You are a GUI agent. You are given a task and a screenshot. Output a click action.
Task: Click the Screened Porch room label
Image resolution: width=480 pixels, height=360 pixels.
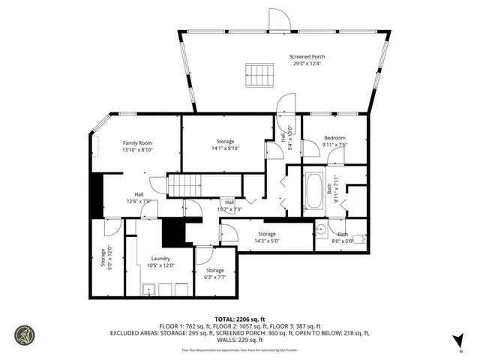(x=307, y=56)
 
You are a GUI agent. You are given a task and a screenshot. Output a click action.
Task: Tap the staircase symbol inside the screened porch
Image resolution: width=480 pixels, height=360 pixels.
(x=256, y=75)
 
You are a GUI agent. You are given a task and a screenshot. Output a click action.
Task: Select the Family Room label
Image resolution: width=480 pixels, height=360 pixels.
(x=137, y=142)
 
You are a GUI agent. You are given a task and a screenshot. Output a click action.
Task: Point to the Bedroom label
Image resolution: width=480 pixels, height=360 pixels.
(x=334, y=138)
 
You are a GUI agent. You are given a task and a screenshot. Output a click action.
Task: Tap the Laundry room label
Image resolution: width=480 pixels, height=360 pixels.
(x=161, y=258)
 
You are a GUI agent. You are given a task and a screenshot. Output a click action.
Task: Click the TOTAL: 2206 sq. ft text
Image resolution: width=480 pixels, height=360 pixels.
(x=239, y=319)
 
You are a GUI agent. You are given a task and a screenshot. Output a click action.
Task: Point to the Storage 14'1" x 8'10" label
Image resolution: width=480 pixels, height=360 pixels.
(x=226, y=142)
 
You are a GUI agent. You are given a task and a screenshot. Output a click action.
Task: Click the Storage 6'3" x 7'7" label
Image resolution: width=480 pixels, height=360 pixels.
(x=215, y=270)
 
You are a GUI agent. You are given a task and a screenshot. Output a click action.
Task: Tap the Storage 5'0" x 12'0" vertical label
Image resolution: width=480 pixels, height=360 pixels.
(x=103, y=258)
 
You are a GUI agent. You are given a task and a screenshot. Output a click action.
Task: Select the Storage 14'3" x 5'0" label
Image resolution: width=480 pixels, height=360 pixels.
(x=267, y=235)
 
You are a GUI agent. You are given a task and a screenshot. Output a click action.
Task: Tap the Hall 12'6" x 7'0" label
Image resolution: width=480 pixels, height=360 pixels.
(x=139, y=194)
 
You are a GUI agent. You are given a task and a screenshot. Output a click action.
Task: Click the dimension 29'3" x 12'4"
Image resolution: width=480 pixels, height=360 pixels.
(x=307, y=63)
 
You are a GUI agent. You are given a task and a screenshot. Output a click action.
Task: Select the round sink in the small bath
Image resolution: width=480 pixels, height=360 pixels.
(x=319, y=229)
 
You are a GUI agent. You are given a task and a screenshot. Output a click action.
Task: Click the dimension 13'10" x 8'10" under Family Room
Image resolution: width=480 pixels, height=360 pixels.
(x=137, y=149)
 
